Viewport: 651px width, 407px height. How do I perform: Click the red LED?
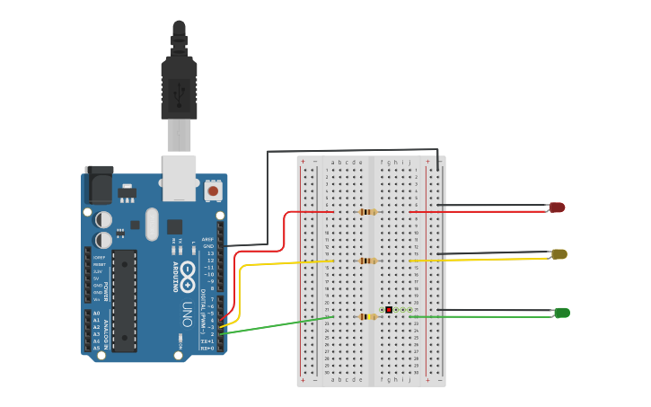[x=557, y=208]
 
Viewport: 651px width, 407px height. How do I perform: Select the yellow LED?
[x=559, y=254]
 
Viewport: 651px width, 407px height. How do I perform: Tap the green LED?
[x=562, y=313]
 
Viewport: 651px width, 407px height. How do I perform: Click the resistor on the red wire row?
[x=367, y=212]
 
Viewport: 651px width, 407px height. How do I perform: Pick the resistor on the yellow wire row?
[x=367, y=261]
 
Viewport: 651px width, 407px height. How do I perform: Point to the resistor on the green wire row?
[x=366, y=316]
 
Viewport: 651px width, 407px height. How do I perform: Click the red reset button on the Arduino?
[x=213, y=190]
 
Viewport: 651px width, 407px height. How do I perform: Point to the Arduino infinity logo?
[x=188, y=271]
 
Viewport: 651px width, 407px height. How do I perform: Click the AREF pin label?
[x=207, y=239]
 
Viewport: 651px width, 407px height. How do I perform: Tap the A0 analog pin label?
[x=96, y=313]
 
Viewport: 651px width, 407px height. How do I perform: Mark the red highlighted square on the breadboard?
[x=389, y=309]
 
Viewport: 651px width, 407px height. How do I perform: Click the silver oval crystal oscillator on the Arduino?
[x=151, y=225]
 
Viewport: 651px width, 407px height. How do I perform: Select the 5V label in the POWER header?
[x=96, y=278]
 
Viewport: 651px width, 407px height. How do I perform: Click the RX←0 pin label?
[x=207, y=348]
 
